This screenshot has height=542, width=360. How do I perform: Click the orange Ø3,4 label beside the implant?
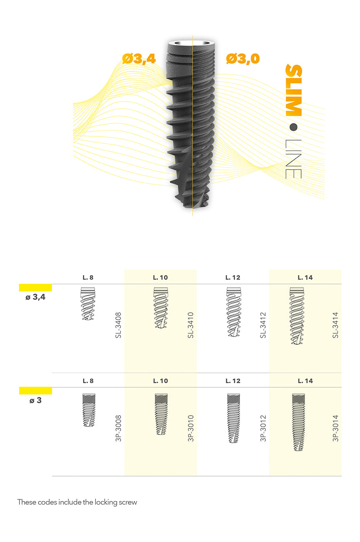coord(139,59)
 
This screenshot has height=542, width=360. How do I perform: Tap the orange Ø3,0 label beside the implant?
coord(243,59)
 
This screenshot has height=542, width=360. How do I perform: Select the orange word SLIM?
coord(294,90)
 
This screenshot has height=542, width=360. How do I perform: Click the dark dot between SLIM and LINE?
coord(294,127)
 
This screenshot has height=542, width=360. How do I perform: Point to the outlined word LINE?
coord(293,159)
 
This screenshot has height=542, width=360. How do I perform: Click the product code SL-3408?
coord(118,325)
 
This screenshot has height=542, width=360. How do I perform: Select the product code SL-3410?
coord(191,325)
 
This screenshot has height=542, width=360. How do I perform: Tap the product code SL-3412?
coord(263,325)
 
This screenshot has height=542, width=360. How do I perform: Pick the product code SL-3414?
coord(335,325)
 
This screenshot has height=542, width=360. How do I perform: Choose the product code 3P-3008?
coord(118,428)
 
